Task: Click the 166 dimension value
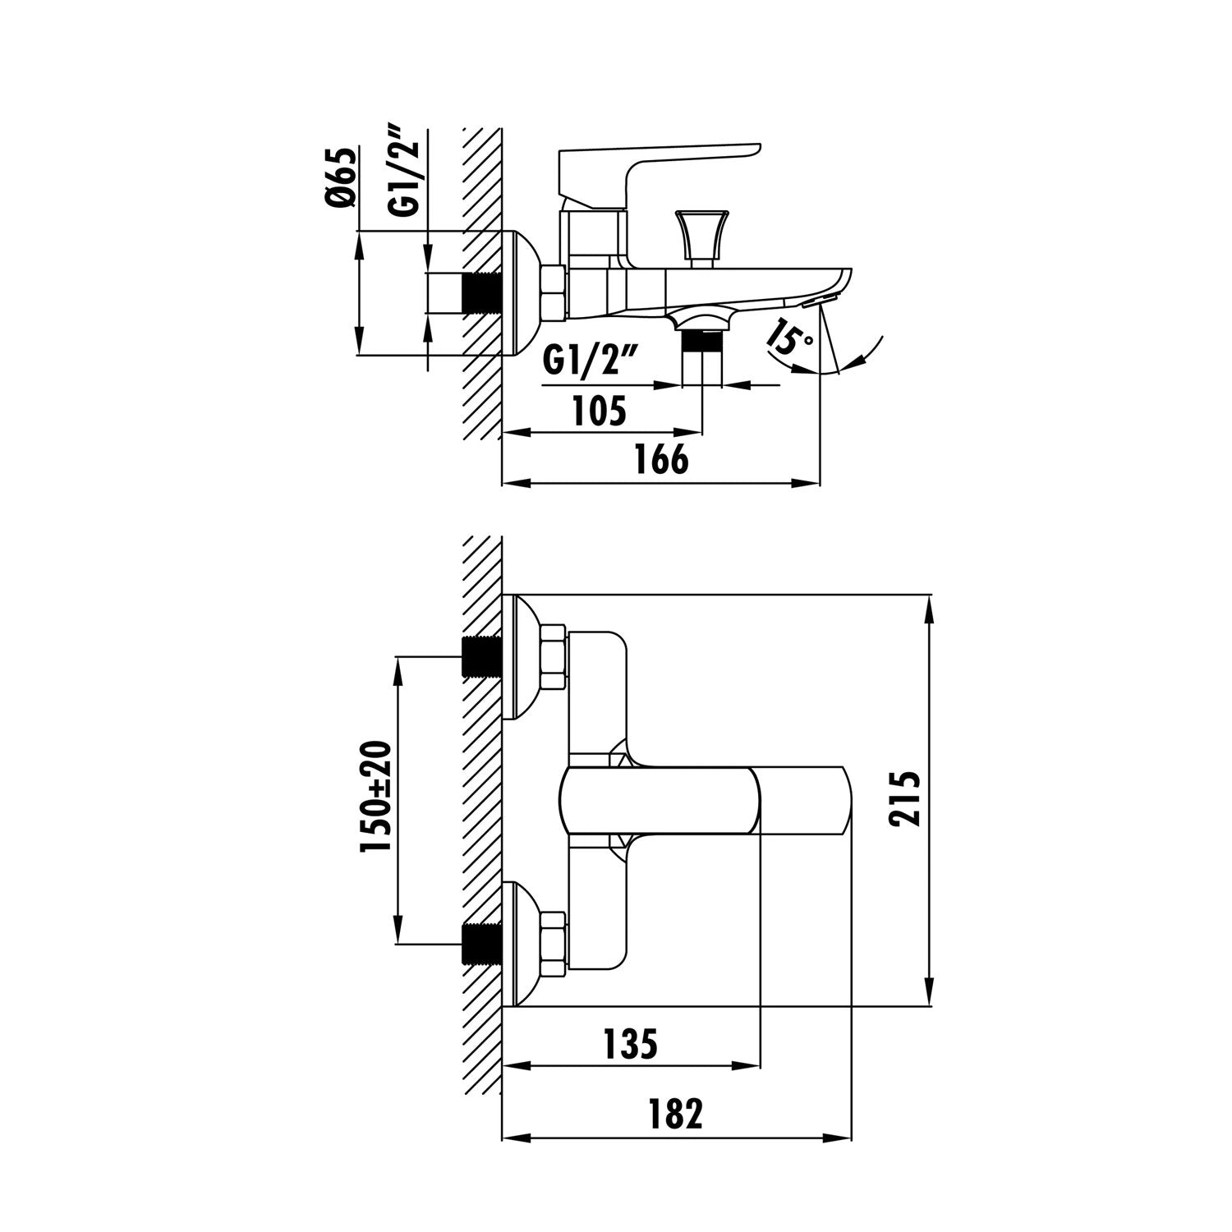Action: point(662,460)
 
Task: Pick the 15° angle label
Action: point(786,339)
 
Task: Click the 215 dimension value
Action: point(904,798)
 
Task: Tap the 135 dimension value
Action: point(630,1044)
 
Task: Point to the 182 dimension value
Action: point(673,1115)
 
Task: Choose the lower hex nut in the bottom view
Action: point(554,945)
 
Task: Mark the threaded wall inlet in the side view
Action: point(482,292)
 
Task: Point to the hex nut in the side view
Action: point(554,292)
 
